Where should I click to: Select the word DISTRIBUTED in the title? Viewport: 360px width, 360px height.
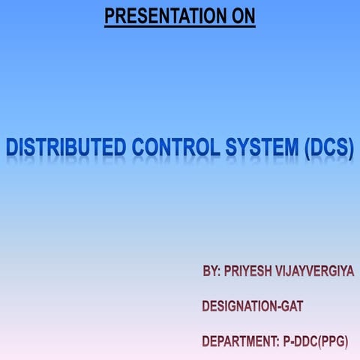tap(65, 148)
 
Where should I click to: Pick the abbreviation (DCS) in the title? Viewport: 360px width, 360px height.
tap(328, 148)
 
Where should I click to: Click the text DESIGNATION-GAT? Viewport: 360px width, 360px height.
tap(253, 306)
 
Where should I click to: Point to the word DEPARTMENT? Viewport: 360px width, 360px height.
tap(240, 342)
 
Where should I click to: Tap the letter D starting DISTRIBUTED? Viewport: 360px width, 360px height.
tap(13, 148)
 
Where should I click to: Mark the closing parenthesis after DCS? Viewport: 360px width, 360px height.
tap(349, 148)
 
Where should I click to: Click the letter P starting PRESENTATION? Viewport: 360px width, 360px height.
tap(109, 15)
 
